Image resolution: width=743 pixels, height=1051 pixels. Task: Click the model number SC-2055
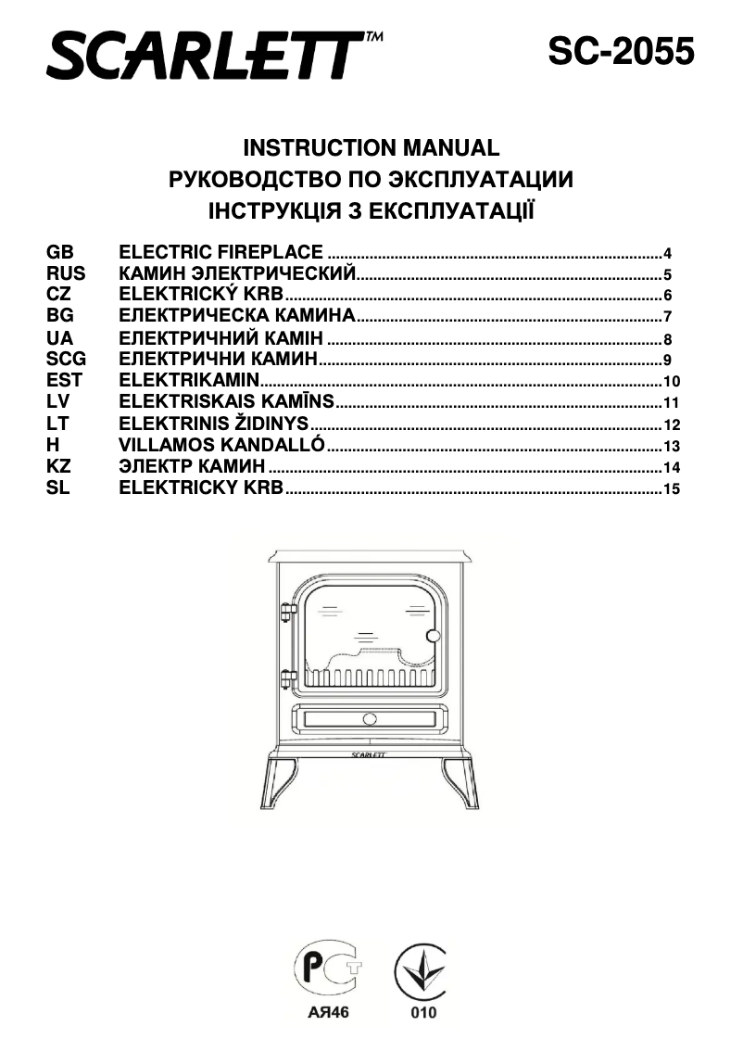pyautogui.click(x=620, y=52)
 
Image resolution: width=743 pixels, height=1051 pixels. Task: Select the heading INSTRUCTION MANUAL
pyautogui.click(x=371, y=148)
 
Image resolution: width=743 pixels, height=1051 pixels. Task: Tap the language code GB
pyautogui.click(x=59, y=252)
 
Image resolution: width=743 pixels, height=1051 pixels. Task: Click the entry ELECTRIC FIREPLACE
pyautogui.click(x=221, y=252)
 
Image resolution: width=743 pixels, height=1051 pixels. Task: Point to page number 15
pyautogui.click(x=673, y=488)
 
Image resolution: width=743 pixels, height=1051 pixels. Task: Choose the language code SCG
pyautogui.click(x=66, y=359)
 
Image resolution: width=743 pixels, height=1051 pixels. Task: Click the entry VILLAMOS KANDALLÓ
pyautogui.click(x=222, y=446)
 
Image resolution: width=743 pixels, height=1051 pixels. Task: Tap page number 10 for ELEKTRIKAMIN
pyautogui.click(x=673, y=382)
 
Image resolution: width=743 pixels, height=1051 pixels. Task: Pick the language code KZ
pyautogui.click(x=58, y=467)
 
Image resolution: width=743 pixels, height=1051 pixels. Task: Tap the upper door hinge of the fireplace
pyautogui.click(x=287, y=612)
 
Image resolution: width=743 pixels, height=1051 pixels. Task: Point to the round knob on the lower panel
pyautogui.click(x=370, y=718)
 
